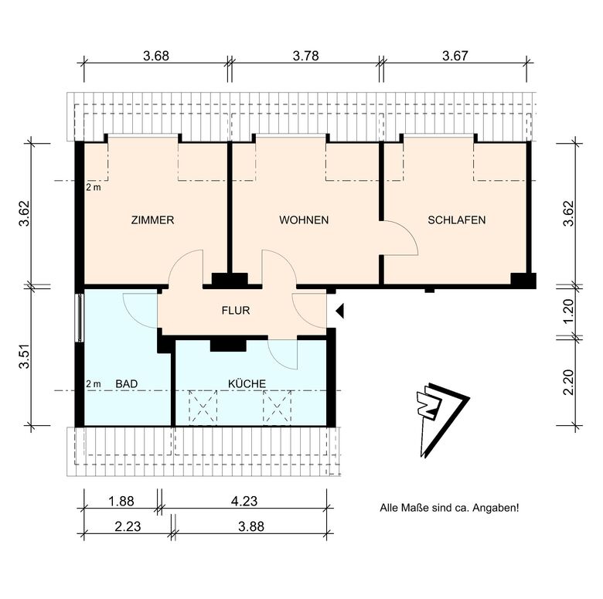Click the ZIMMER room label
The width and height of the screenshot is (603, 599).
coord(152,220)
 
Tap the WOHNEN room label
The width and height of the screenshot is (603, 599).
coord(304,220)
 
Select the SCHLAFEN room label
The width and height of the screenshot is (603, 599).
coord(456,220)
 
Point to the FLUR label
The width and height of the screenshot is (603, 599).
coord(236,310)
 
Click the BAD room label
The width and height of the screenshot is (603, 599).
coord(127,383)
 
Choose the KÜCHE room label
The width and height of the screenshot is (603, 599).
coord(247,383)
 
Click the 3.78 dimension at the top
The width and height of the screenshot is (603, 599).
coord(305,56)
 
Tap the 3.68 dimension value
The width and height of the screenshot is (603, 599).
coord(156,56)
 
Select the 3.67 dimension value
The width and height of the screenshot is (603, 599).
coord(455,56)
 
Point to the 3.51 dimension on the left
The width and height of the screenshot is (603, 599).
coord(24,356)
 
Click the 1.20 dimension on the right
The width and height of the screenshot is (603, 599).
coord(568,311)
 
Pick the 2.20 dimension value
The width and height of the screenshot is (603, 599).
coord(568,382)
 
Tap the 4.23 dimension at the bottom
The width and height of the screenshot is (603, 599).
coord(244,502)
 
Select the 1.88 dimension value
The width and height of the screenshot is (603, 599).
coord(121,502)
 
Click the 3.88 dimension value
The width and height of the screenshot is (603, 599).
coord(251,526)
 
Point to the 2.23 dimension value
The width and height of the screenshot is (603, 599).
coord(128,526)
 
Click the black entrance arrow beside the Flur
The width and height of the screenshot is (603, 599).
coord(339,311)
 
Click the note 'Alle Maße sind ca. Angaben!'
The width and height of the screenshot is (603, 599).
coord(449,508)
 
